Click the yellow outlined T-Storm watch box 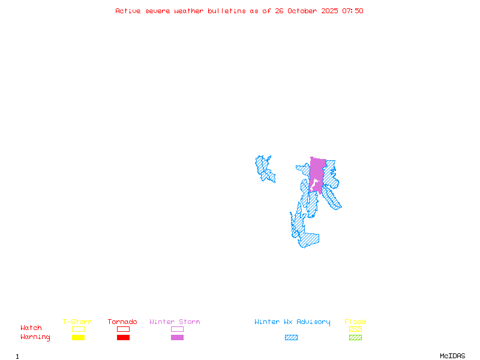tap(78, 329)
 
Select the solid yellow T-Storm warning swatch tap(78, 337)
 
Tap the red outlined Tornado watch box tap(123, 329)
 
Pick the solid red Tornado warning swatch tap(123, 337)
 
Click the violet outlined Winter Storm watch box tap(177, 329)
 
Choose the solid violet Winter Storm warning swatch tap(177, 337)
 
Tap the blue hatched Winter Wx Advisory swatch tap(291, 337)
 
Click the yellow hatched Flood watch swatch tap(355, 329)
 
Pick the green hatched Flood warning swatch tap(355, 337)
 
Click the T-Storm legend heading tap(77, 322)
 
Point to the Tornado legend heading tap(122, 322)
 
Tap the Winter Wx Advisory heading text tap(292, 322)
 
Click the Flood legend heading tap(355, 322)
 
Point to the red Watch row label tap(31, 328)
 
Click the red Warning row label tap(35, 337)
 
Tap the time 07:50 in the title tap(353, 11)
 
